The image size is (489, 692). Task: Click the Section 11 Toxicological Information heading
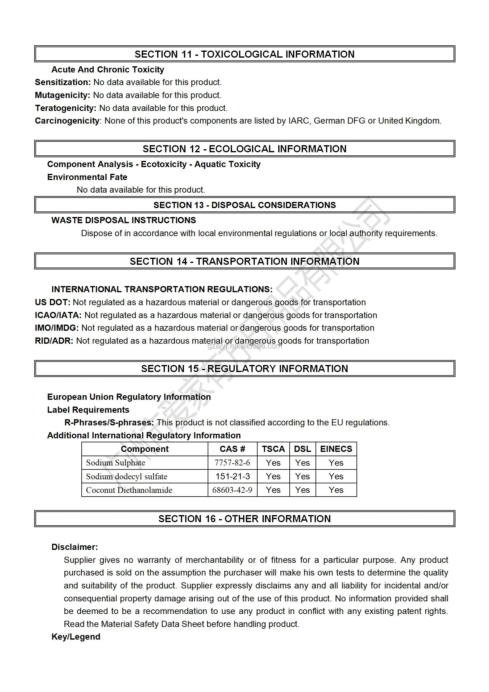[244, 54]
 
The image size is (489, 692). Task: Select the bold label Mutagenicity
[62, 95]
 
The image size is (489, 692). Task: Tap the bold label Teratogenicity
[66, 108]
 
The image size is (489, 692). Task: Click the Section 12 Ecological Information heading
[244, 149]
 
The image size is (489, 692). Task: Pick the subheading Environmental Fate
[87, 177]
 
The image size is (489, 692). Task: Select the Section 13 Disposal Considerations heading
[244, 205]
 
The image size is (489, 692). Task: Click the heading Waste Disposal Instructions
[124, 220]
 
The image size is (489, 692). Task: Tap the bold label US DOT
[53, 302]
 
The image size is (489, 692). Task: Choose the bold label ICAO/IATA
[58, 315]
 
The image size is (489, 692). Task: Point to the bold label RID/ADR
[54, 341]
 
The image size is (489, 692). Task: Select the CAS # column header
[232, 449]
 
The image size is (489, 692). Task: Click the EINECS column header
[336, 449]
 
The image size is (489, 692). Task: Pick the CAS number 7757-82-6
[232, 463]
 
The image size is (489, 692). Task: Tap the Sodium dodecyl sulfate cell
[127, 477]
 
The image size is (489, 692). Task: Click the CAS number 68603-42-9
[232, 490]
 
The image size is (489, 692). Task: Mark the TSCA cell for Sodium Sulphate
[273, 463]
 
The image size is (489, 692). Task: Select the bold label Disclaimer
[75, 547]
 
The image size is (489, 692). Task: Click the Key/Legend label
[76, 637]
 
